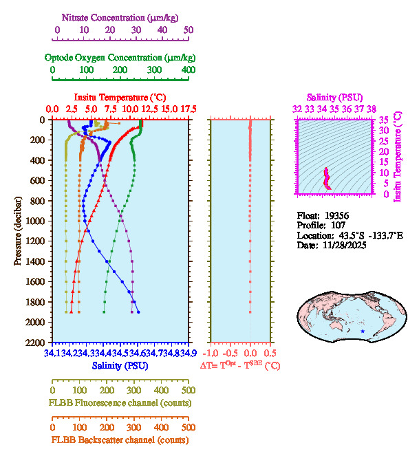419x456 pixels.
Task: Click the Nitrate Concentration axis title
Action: coord(122,17)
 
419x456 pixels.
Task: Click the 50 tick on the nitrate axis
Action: coord(189,30)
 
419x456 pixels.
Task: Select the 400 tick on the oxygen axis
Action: coord(189,70)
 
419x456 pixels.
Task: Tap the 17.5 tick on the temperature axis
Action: coord(188,109)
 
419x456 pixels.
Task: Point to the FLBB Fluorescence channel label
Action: coord(120,402)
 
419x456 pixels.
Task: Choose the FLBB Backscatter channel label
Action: coord(120,440)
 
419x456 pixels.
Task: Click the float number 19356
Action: coord(336,215)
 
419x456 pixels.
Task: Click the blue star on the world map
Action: coord(363,332)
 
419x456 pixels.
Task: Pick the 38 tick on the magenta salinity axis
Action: coord(372,109)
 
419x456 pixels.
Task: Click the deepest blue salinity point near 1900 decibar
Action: coord(138,312)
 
